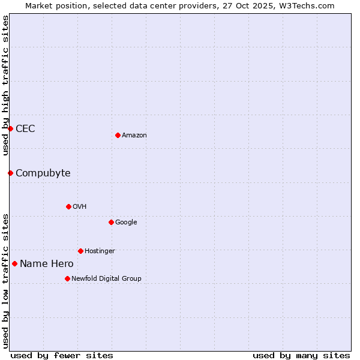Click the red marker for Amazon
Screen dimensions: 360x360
pos(118,135)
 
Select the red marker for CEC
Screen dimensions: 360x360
pos(10,128)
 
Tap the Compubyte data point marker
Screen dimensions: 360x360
pos(10,173)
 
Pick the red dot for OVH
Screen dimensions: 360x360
pos(68,206)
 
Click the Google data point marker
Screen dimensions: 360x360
pos(111,222)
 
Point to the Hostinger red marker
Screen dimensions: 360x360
pos(80,251)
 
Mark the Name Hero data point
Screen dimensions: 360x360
pos(14,263)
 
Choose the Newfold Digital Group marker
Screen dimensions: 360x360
pos(67,278)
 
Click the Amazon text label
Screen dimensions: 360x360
pos(134,136)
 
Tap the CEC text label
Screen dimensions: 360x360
pos(25,128)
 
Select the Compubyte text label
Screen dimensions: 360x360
pos(43,173)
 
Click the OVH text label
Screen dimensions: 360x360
pos(80,207)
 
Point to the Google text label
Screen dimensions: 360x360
pos(126,223)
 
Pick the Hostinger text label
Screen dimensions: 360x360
pos(100,251)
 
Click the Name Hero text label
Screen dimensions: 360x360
pos(46,264)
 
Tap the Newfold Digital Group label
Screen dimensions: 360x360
pos(106,279)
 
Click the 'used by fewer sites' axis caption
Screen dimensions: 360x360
pos(62,355)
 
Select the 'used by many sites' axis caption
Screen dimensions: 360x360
pos(301,355)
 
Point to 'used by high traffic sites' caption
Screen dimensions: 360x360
pos(5,85)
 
